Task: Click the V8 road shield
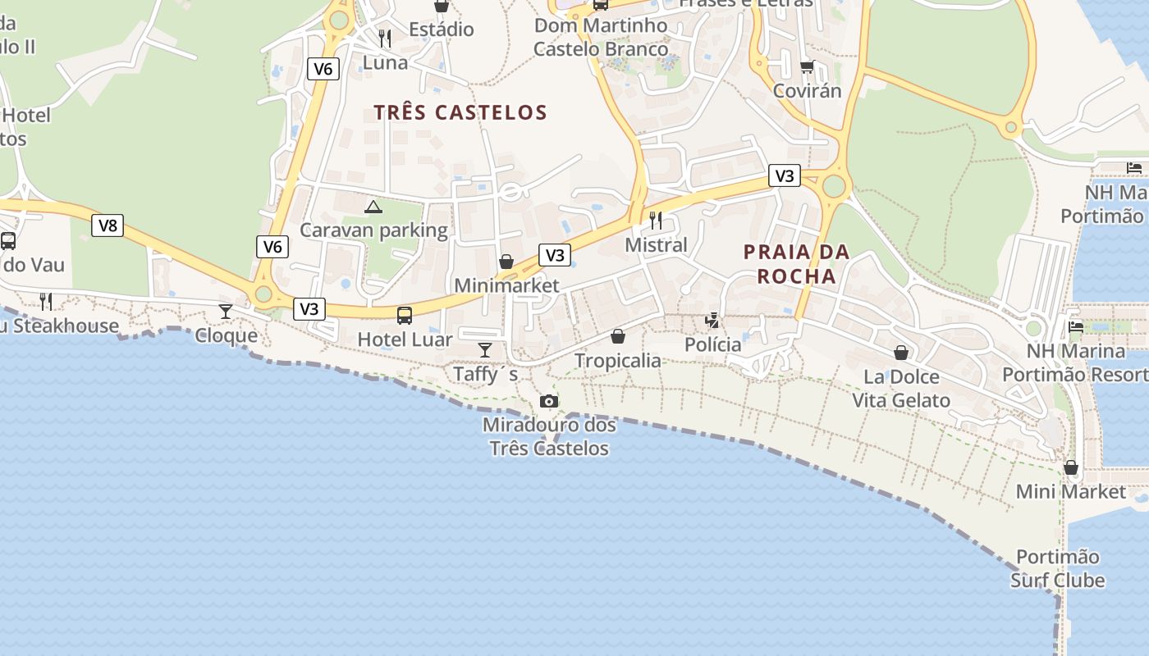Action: [108, 225]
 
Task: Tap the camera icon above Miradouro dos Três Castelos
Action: [549, 401]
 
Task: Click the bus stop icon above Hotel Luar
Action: [404, 315]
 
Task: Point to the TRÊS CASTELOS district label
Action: [460, 112]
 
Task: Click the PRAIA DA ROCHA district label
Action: [796, 264]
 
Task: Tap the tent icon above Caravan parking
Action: [373, 207]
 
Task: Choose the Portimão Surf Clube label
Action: [1057, 568]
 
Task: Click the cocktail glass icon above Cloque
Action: [226, 311]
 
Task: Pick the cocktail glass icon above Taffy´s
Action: [485, 350]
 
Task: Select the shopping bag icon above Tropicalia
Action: [618, 336]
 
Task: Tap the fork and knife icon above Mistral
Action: [655, 220]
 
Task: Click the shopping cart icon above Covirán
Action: [807, 66]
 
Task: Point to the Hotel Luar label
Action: [405, 339]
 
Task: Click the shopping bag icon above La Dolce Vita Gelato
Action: [901, 353]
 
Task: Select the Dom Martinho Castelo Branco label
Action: [601, 38]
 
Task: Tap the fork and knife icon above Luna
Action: [384, 38]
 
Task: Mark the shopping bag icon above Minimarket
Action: [506, 262]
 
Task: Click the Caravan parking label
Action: [373, 230]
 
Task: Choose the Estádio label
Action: [442, 30]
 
